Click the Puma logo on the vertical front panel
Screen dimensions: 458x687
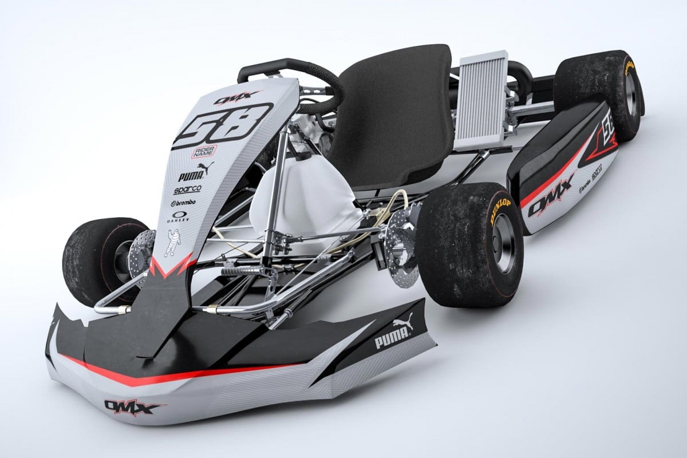195,173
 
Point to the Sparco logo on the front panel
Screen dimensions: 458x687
187,189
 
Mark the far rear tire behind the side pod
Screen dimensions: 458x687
601,94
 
